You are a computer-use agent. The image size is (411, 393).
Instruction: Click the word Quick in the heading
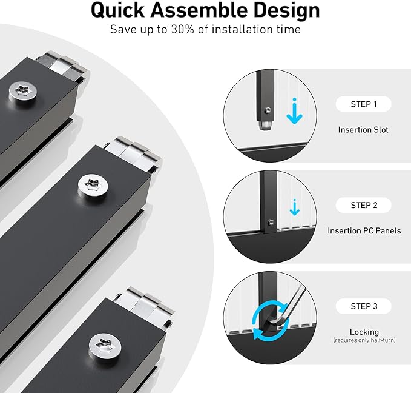pyautogui.click(x=117, y=11)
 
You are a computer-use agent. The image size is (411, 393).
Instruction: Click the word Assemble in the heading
pyautogui.click(x=199, y=10)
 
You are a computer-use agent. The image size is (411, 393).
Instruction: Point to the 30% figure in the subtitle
pyautogui.click(x=182, y=29)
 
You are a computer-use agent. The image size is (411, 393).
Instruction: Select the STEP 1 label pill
pyautogui.click(x=364, y=104)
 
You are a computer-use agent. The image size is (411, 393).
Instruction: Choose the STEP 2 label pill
pyautogui.click(x=364, y=205)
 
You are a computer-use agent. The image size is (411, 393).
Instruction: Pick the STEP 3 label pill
pyautogui.click(x=364, y=306)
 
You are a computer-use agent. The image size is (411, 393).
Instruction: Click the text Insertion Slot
pyautogui.click(x=363, y=130)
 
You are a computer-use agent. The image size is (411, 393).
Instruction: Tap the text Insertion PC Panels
pyautogui.click(x=364, y=230)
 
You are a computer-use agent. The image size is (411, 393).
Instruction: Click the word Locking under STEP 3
pyautogui.click(x=364, y=332)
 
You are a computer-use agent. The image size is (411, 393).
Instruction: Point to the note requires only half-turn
pyautogui.click(x=364, y=340)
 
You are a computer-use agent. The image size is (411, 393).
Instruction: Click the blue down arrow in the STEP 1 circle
pyautogui.click(x=295, y=111)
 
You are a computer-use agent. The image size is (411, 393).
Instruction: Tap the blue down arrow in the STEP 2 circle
pyautogui.click(x=295, y=207)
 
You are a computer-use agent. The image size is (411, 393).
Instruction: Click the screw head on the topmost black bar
pyautogui.click(x=23, y=91)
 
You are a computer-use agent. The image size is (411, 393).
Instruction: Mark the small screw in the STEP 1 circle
pyautogui.click(x=268, y=110)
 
